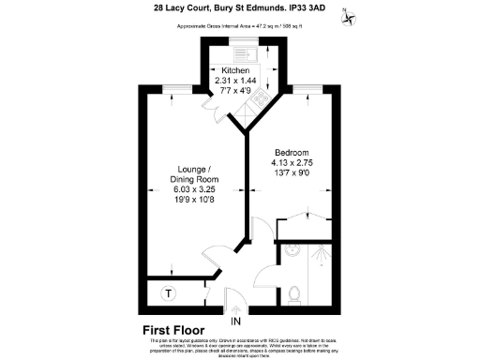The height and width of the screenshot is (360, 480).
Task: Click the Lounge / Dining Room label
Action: point(194,172)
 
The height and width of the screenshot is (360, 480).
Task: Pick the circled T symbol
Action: point(169,293)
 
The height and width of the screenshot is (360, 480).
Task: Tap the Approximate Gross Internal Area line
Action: point(239,25)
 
